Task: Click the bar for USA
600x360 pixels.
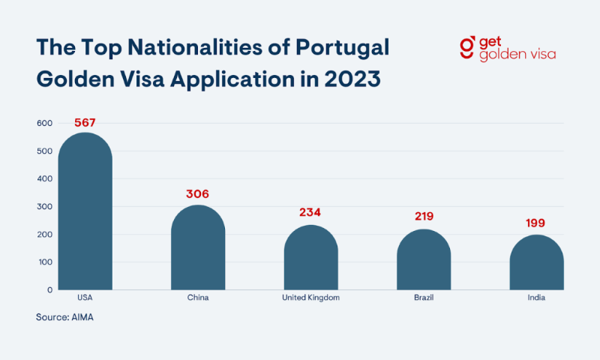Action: tap(85, 214)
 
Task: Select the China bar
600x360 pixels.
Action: tap(198, 250)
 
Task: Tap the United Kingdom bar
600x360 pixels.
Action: tap(310, 259)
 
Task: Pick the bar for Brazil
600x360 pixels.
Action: tap(424, 262)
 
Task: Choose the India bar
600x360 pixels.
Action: tap(536, 264)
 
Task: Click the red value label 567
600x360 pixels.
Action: tap(85, 122)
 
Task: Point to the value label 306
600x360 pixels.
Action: tap(198, 194)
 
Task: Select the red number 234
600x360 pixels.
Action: tap(310, 212)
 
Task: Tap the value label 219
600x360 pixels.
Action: tap(424, 217)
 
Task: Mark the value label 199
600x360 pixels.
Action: tap(535, 223)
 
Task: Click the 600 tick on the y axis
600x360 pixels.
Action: tap(43, 124)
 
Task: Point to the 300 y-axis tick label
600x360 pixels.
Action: tap(43, 206)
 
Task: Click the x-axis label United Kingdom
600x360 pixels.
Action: tap(310, 298)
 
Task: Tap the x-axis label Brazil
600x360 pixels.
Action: tap(424, 298)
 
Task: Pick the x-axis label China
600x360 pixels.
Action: tap(198, 298)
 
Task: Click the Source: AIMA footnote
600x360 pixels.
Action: tap(64, 317)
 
